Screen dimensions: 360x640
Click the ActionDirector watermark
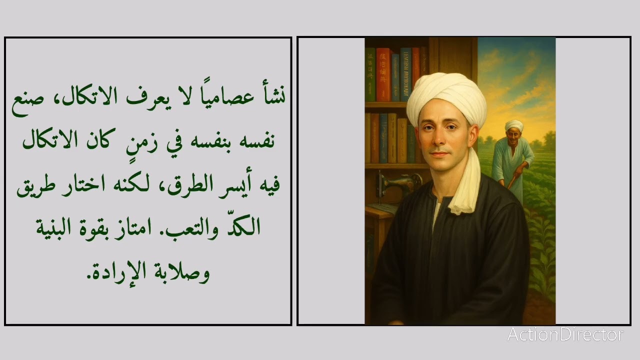click(565, 334)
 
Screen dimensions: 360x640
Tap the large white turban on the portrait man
click(446, 97)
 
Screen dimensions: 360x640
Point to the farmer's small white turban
click(513, 125)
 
